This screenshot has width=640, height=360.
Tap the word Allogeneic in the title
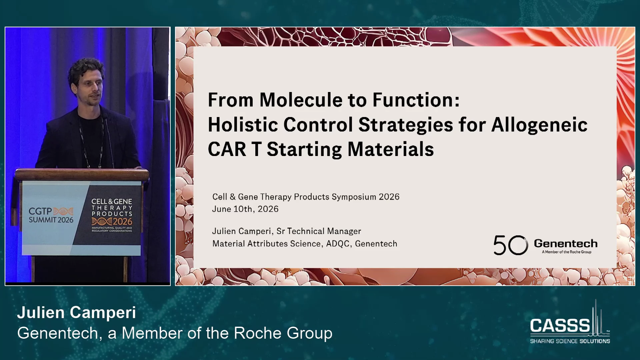(539, 125)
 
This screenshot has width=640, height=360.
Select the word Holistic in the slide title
(243, 125)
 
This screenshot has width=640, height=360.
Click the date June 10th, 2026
(245, 209)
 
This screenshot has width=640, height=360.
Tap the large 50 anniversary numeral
(511, 245)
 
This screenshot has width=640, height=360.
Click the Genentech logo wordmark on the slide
(566, 243)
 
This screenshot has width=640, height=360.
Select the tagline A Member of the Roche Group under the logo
(567, 252)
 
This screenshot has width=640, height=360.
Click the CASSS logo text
(560, 325)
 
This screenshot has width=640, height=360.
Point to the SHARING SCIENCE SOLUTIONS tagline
(570, 341)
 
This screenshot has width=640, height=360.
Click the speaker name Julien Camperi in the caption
(77, 313)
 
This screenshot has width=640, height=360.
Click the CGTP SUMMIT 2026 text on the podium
(51, 215)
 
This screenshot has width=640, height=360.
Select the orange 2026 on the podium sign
(122, 221)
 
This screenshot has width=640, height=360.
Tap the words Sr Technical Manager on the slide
(319, 231)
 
